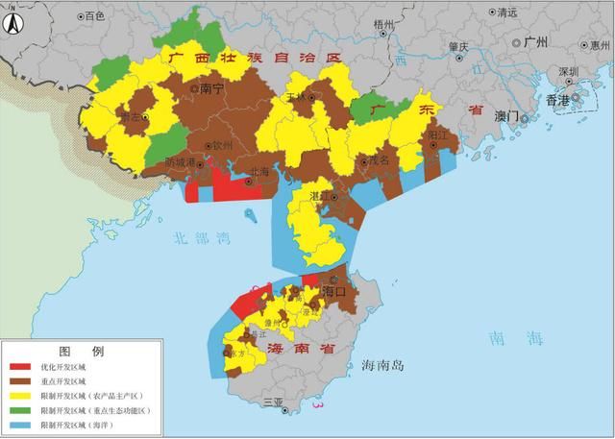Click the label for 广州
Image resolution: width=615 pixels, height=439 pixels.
534,42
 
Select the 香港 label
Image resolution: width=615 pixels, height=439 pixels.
558,99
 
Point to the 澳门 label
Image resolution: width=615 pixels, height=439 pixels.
505,115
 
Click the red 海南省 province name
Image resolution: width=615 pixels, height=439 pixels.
301,349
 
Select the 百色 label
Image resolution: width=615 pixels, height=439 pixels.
93,16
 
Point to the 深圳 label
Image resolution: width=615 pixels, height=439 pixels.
569,71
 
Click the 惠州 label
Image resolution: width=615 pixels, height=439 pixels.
601,45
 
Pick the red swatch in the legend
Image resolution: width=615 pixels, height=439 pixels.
25,366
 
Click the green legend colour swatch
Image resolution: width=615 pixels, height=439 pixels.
25,409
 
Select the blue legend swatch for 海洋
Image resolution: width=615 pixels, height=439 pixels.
25,424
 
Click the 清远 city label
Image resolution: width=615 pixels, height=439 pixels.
506,12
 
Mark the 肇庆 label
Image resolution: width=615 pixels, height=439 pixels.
458,46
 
